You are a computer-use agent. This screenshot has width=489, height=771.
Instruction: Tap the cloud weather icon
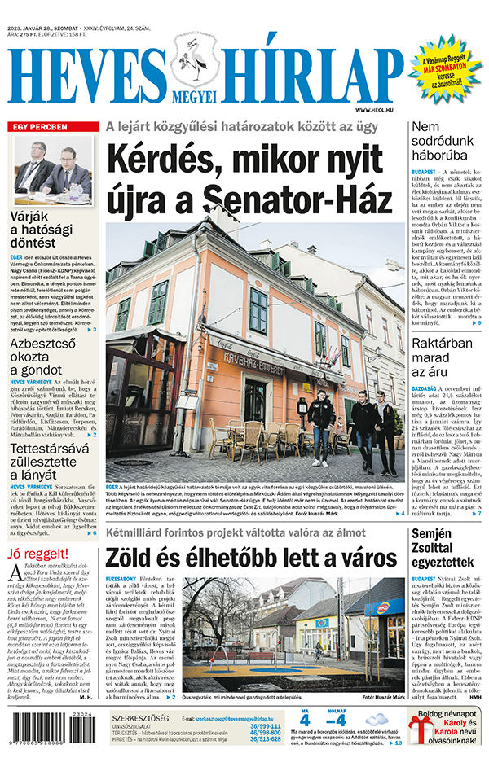click(x=377, y=720)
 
